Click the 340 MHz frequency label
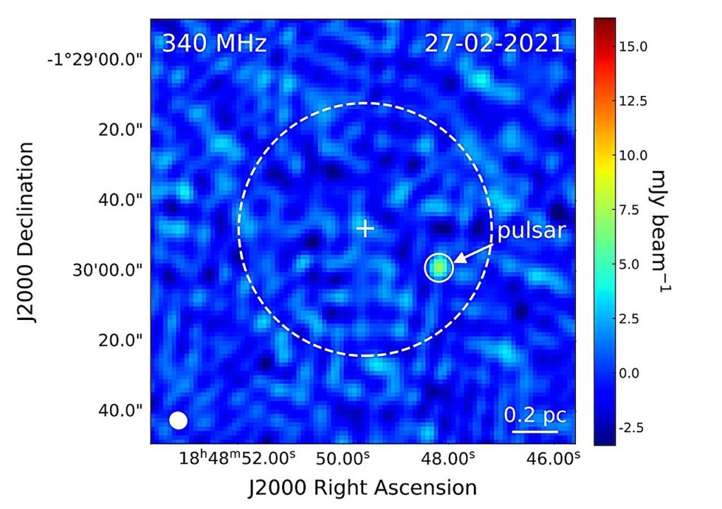[214, 44]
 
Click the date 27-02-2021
[494, 44]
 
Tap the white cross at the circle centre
[365, 228]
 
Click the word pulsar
[532, 231]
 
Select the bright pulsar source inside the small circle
[439, 267]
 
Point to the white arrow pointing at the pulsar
[474, 253]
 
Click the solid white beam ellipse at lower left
[178, 420]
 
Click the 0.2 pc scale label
[535, 415]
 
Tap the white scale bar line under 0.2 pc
[535, 431]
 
